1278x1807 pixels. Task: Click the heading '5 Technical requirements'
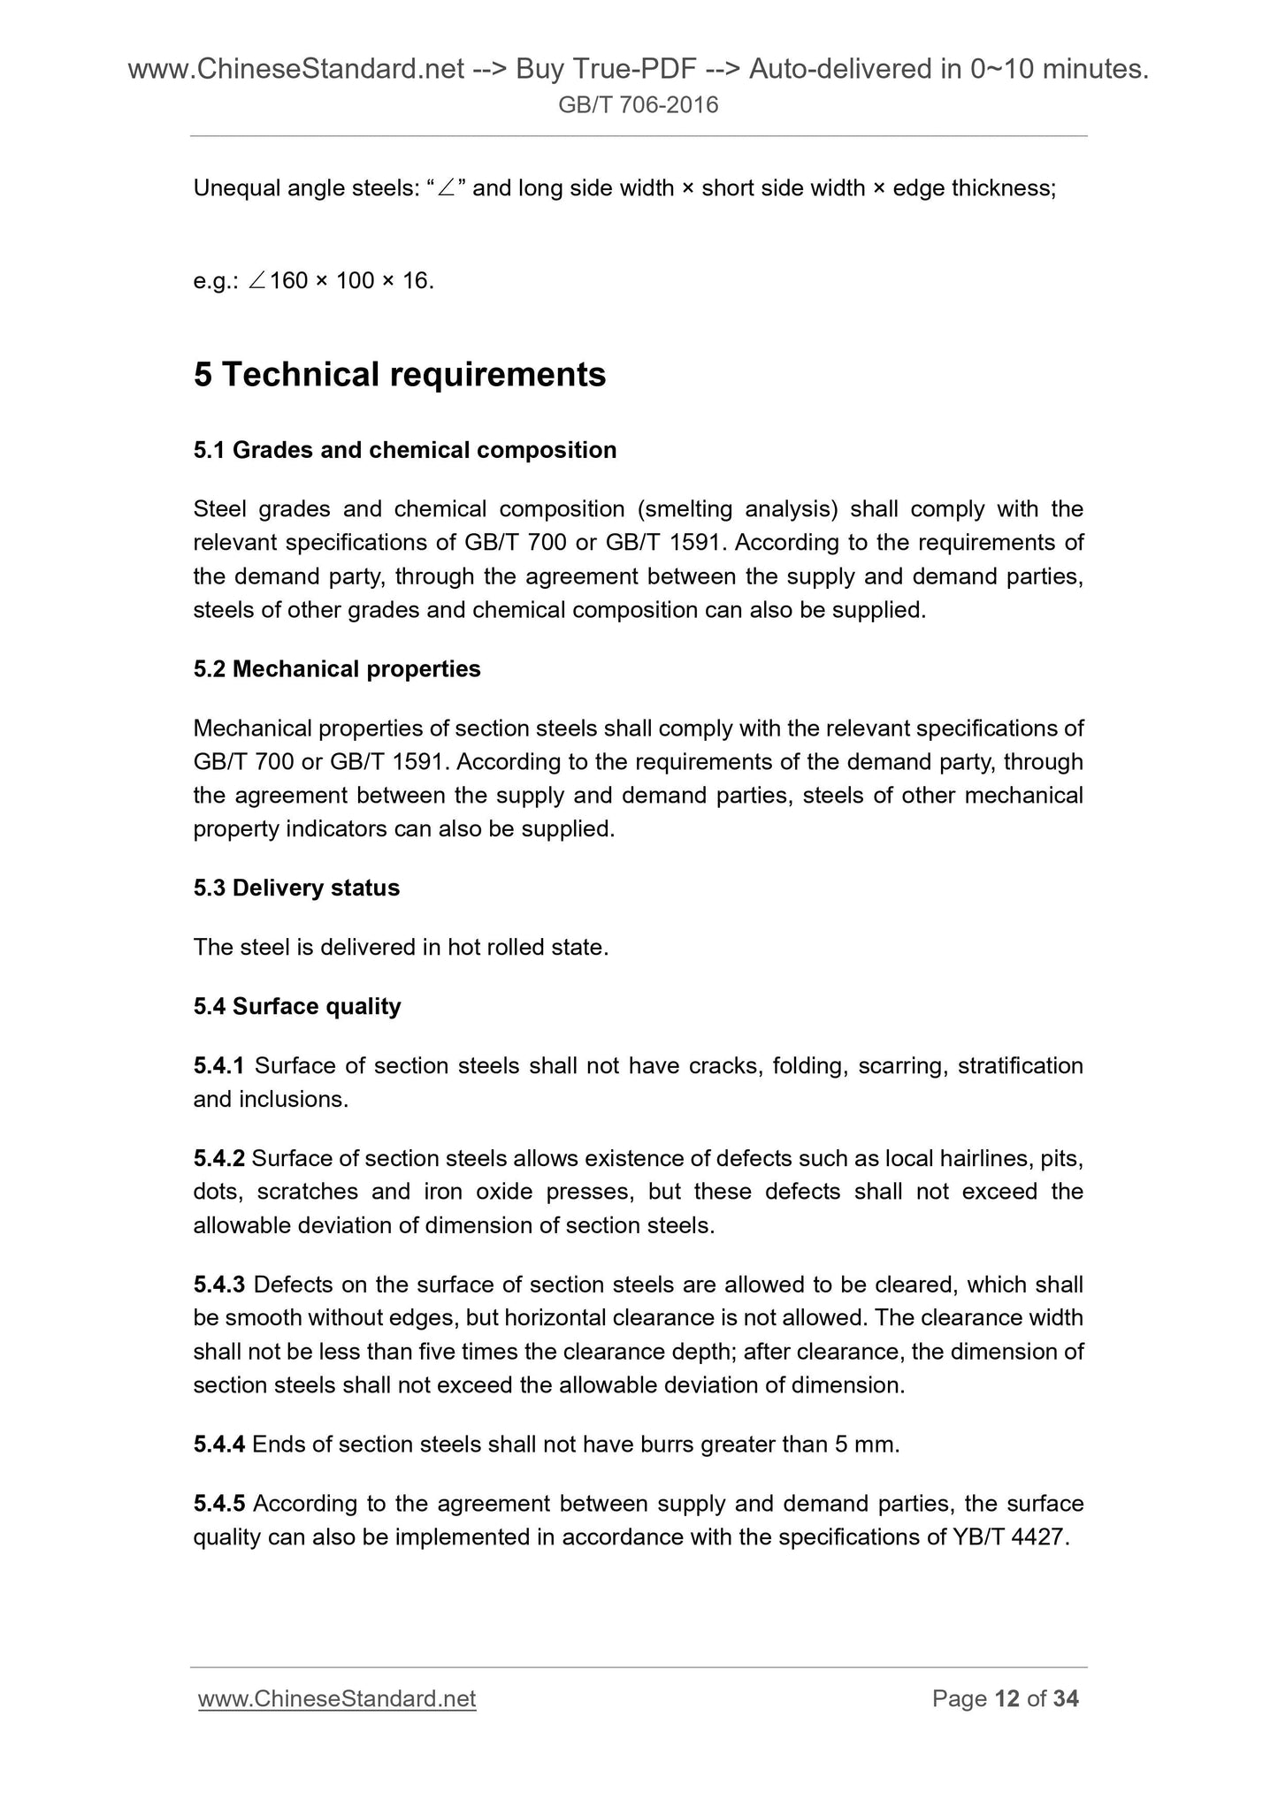coord(400,375)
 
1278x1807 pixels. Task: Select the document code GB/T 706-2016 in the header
coord(639,106)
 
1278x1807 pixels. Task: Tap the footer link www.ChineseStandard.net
coord(337,1698)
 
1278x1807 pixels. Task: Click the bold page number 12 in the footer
coord(1007,1698)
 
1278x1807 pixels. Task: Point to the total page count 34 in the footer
coord(1066,1698)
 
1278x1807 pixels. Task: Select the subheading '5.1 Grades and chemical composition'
coord(404,450)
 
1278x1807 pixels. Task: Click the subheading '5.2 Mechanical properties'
coord(337,669)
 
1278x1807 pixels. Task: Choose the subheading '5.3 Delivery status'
coord(296,888)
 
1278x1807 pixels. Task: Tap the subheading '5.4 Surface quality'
coord(297,1006)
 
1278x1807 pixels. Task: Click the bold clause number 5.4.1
coord(218,1066)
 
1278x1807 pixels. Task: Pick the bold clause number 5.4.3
coord(218,1285)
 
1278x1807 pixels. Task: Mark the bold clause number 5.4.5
coord(218,1503)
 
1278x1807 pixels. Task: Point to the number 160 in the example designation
coord(288,281)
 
